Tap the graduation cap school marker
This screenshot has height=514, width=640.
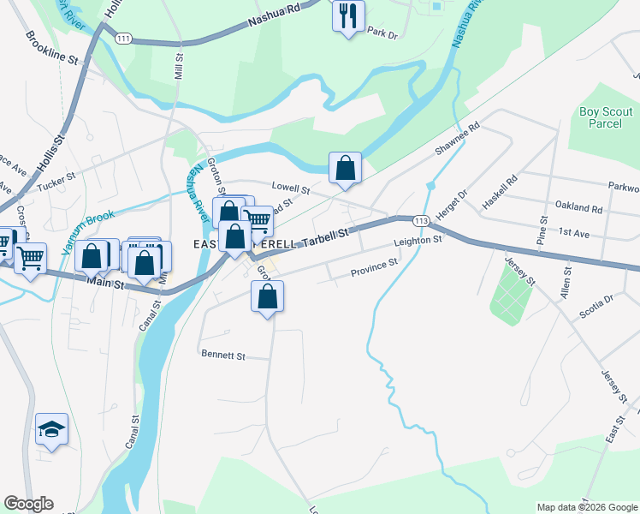click(x=51, y=429)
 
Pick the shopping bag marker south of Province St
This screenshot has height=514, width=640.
click(x=267, y=296)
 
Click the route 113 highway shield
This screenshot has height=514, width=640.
click(x=419, y=221)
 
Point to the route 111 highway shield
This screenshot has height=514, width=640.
click(x=124, y=39)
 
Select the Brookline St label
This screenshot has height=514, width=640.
click(x=52, y=50)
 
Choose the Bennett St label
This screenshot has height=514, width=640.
click(x=222, y=355)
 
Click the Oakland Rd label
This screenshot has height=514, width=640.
click(x=579, y=208)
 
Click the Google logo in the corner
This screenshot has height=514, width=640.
click(x=28, y=504)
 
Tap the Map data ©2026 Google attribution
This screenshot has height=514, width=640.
click(x=587, y=507)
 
